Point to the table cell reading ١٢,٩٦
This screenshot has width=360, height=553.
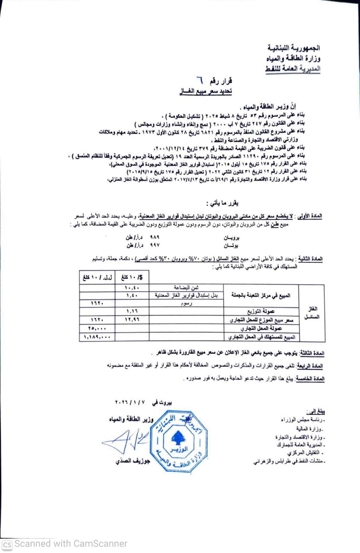[131, 320]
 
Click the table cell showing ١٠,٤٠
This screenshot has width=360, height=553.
[131, 287]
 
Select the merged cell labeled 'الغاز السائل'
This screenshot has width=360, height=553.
[312, 313]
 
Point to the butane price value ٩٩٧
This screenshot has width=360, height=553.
[154, 245]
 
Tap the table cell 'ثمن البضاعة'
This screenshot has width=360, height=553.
[187, 287]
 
